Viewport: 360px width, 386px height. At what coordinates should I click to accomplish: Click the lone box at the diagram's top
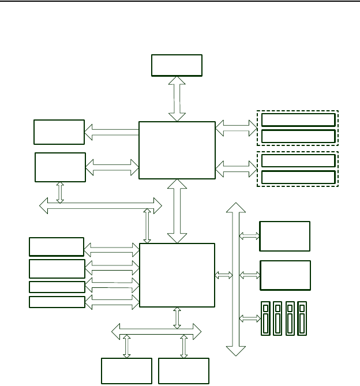[x=177, y=65]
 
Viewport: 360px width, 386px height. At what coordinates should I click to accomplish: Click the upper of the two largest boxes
[x=177, y=150]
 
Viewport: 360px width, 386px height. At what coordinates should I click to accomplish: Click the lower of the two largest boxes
[x=177, y=275]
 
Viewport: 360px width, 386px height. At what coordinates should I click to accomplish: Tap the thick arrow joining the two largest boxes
[x=177, y=211]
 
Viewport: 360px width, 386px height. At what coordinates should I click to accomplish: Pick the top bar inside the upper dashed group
[x=298, y=120]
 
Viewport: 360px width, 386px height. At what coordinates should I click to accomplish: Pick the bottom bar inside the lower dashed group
[x=298, y=177]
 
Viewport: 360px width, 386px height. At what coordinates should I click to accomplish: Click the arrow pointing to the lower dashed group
[x=237, y=168]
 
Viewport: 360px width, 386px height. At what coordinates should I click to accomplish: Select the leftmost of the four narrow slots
[x=266, y=318]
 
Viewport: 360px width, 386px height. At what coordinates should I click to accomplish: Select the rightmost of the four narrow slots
[x=301, y=318]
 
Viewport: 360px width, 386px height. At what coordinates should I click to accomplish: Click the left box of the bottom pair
[x=126, y=370]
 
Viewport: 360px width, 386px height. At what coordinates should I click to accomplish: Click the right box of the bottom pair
[x=183, y=370]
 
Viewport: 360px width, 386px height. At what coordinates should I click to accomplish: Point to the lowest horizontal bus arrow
[x=156, y=331]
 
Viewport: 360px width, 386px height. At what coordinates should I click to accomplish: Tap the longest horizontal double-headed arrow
[x=101, y=204]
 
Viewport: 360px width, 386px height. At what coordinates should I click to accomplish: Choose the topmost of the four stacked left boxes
[x=56, y=246]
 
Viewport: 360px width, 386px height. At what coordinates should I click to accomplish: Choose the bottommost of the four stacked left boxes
[x=57, y=302]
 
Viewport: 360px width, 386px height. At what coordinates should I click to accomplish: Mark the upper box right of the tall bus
[x=285, y=236]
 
